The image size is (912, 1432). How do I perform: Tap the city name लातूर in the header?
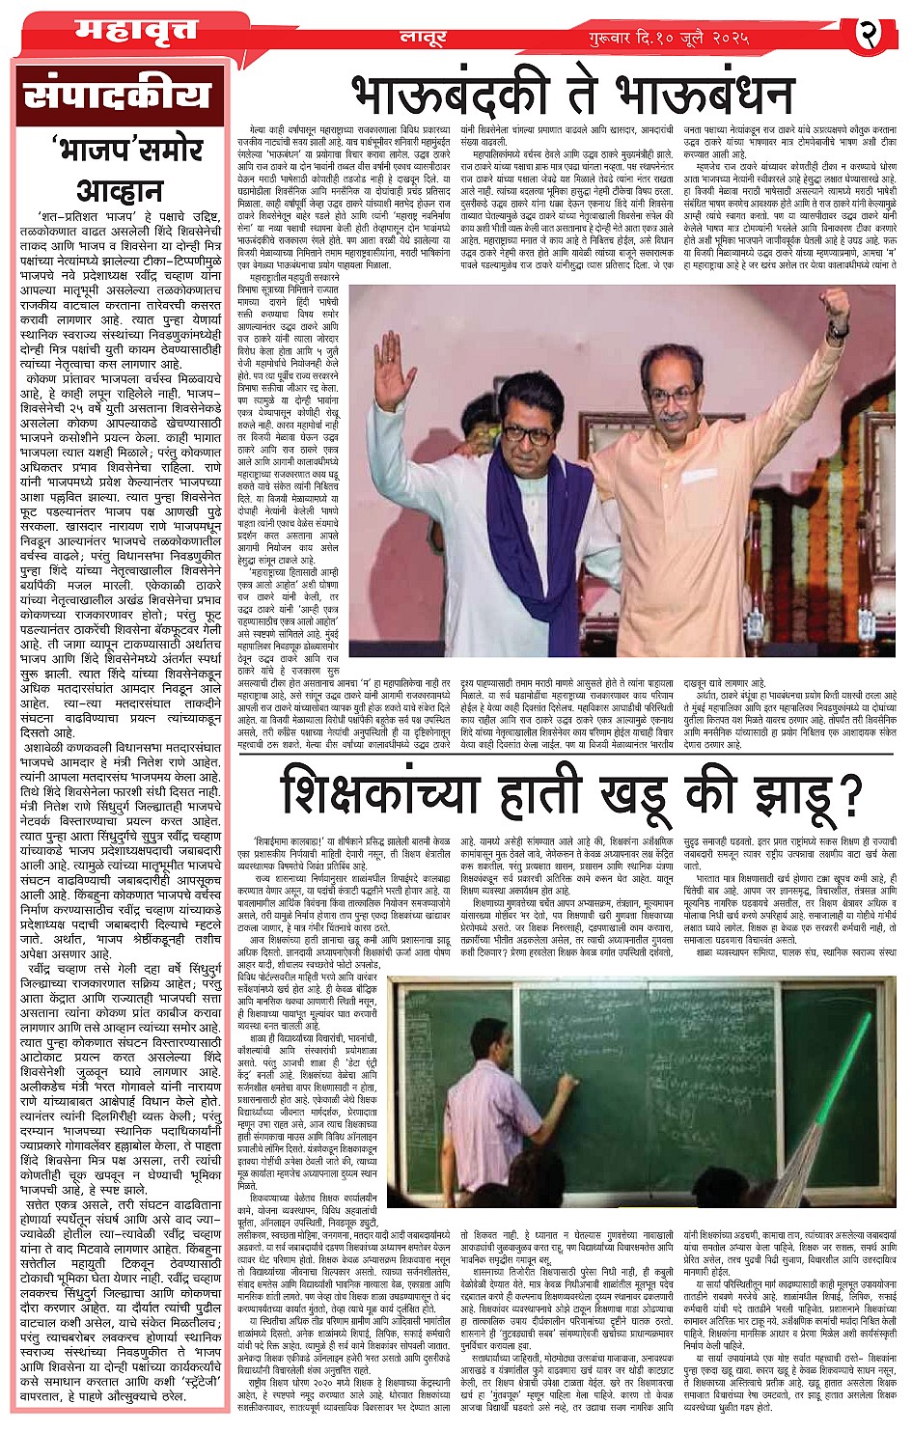(x=421, y=38)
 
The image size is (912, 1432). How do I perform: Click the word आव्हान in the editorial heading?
(x=120, y=189)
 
